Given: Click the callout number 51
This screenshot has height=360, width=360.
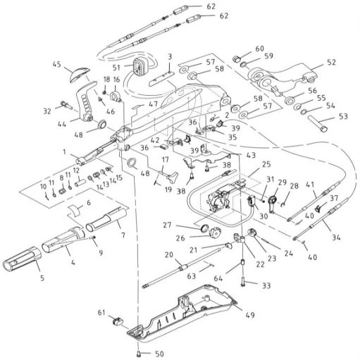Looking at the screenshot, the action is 116,68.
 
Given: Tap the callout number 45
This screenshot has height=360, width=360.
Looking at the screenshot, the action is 56,64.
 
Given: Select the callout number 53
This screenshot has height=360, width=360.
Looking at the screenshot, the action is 343,116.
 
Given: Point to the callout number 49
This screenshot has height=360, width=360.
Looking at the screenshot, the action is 250,315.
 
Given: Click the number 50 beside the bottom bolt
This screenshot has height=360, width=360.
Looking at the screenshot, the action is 160,354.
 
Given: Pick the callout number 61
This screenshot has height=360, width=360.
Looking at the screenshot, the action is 101,313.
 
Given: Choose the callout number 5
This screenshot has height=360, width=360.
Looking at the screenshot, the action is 42,278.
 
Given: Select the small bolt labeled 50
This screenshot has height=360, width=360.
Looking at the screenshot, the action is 139,352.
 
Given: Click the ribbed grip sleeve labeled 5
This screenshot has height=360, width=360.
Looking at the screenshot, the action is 22,259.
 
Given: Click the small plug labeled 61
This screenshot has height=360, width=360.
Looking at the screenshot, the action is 118,321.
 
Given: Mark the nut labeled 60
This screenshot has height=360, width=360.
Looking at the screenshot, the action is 236,58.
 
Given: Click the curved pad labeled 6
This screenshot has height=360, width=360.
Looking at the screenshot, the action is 74,210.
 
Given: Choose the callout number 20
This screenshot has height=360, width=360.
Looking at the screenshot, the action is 169,254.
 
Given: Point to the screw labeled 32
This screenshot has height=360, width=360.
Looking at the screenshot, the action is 67,104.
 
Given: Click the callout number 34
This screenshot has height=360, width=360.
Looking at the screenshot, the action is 336,237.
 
